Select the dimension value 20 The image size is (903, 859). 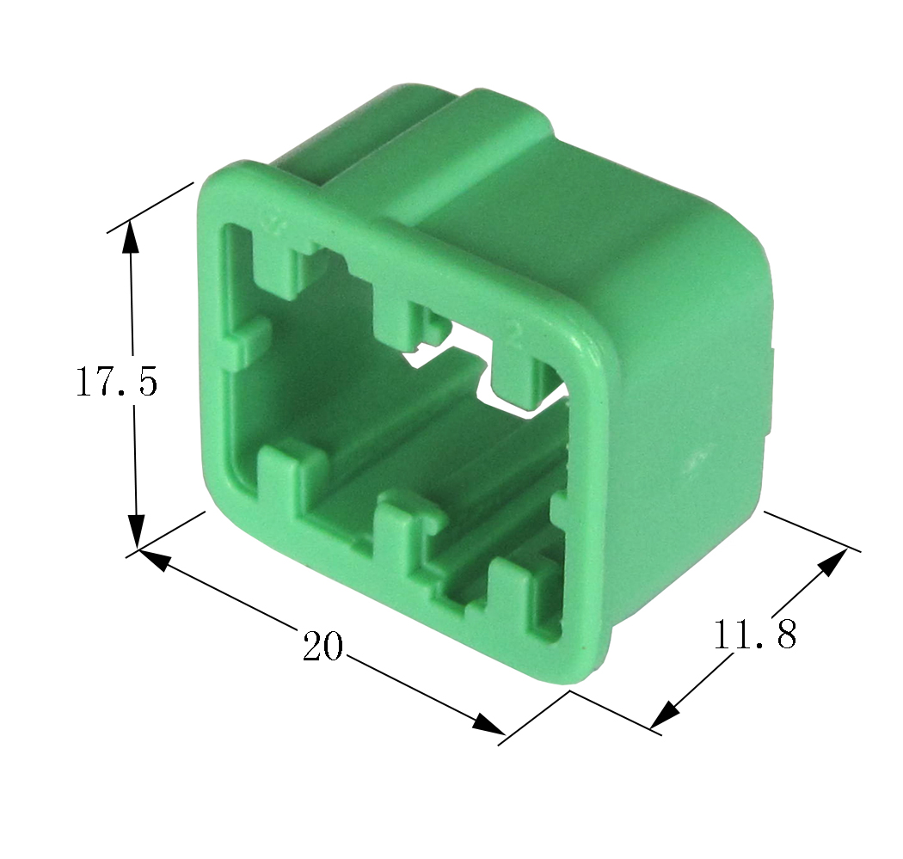click(322, 646)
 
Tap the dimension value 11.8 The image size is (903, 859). click(756, 635)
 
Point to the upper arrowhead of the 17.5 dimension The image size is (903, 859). click(131, 236)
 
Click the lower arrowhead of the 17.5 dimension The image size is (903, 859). click(136, 531)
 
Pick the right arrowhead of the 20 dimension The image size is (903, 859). click(488, 724)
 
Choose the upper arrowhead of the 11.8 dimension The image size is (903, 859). click(832, 562)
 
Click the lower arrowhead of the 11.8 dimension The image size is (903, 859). click(665, 715)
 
